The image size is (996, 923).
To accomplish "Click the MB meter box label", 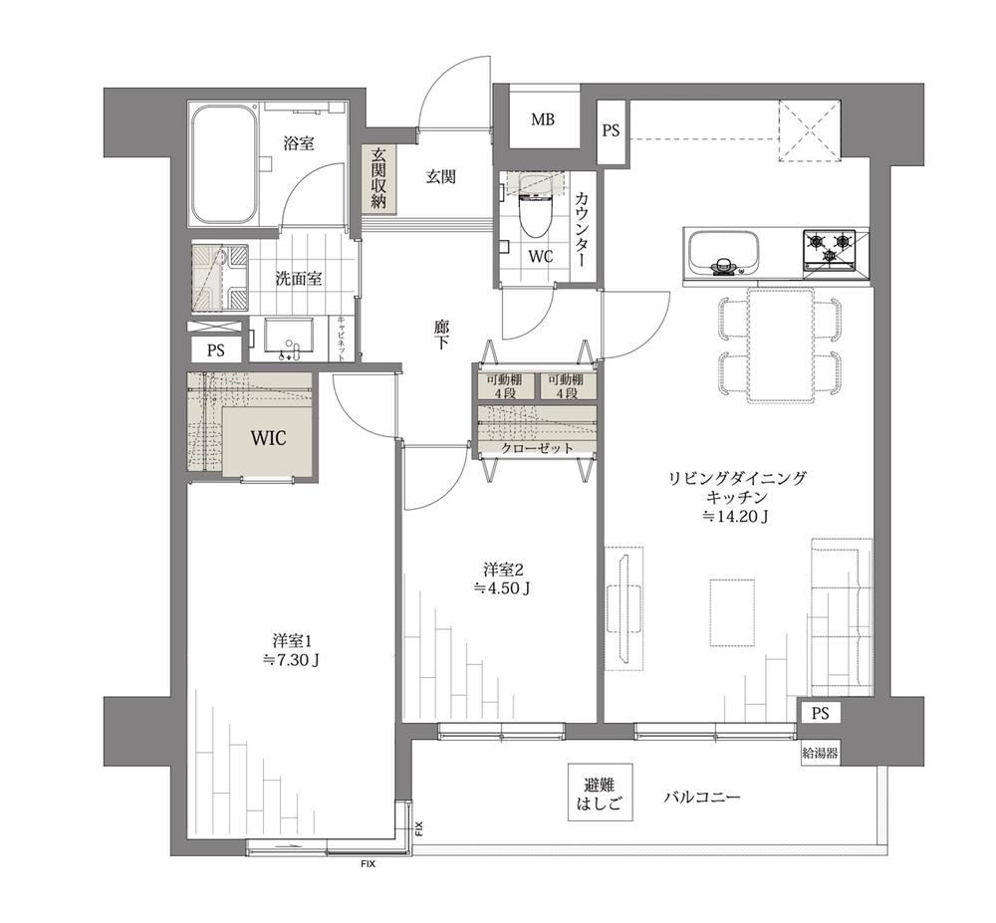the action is tap(543, 119).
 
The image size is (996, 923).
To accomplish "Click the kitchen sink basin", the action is tap(723, 252).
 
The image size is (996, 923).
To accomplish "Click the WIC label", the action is tap(268, 438).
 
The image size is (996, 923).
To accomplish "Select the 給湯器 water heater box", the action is tap(820, 754).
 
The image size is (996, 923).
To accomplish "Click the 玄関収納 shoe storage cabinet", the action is tap(379, 178).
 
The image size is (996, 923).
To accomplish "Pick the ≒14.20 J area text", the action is tap(736, 517).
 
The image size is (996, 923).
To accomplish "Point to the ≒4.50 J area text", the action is tap(502, 588).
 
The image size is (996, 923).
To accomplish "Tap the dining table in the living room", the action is tap(781, 346).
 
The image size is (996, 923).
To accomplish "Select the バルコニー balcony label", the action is tap(702, 797).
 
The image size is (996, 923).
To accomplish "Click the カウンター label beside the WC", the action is tap(581, 230).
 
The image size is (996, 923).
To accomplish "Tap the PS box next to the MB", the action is tap(612, 131).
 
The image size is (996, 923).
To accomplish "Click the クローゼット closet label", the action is tap(538, 448).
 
